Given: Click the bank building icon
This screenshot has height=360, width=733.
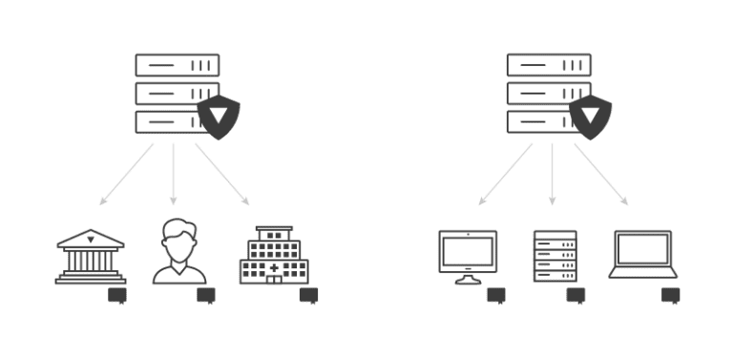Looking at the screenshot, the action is (91, 256).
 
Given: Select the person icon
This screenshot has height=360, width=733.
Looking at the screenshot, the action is (179, 253).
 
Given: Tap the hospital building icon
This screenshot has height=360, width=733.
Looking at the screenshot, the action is (274, 256).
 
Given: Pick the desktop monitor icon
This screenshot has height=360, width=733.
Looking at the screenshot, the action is (468, 253).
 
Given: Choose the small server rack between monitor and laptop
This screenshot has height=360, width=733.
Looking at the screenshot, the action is (555, 256).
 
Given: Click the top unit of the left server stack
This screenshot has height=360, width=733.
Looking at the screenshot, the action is (178, 65).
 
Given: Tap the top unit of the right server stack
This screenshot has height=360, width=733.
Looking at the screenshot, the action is (549, 65).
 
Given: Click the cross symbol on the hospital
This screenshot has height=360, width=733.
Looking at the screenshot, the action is (275, 270).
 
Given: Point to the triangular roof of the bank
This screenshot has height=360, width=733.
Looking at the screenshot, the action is (91, 236).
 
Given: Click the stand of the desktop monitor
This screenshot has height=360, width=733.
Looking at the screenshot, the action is (468, 279).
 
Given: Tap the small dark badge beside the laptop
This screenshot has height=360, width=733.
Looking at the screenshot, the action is (671, 295).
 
